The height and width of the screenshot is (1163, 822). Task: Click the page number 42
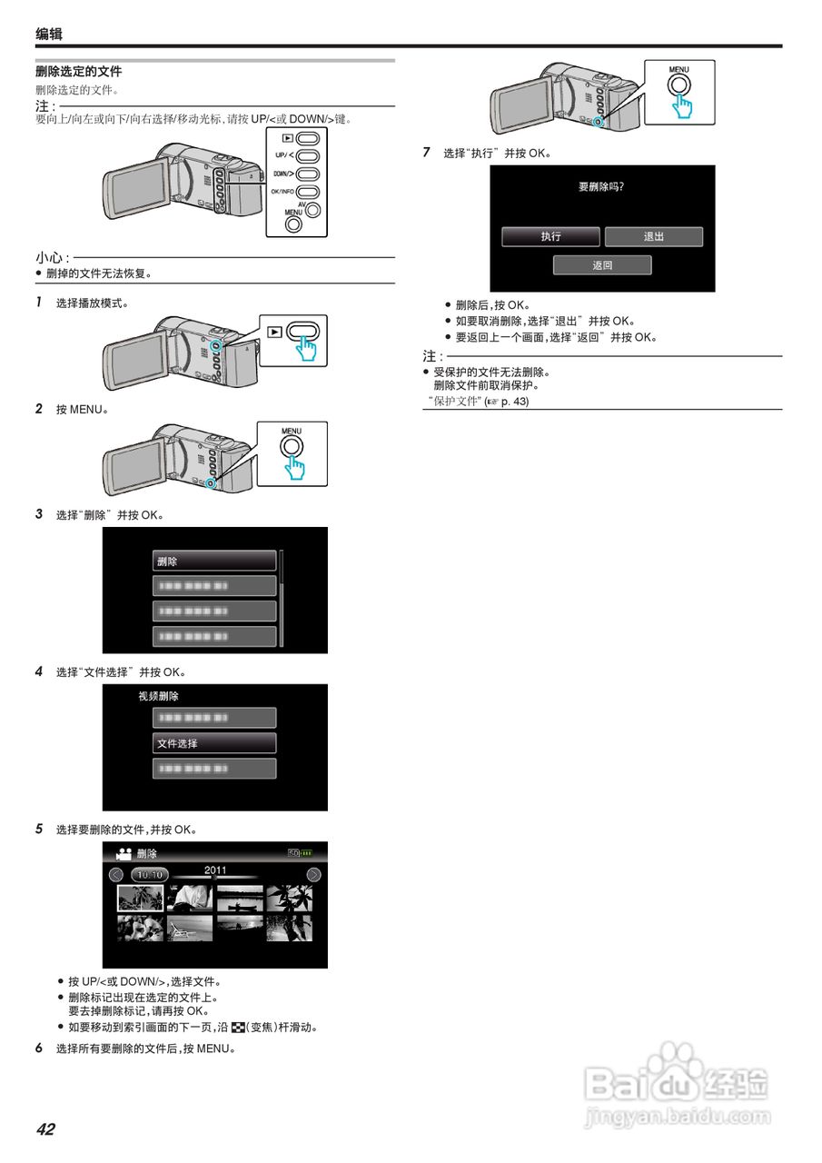point(45,1129)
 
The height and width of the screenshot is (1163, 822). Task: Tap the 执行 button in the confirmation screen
point(550,236)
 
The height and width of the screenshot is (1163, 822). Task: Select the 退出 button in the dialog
point(654,236)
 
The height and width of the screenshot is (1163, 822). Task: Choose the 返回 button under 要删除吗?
point(602,265)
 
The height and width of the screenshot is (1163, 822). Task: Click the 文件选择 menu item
point(214,743)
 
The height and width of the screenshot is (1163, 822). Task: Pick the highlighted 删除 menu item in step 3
point(214,561)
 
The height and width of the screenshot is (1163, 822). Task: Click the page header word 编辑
point(49,35)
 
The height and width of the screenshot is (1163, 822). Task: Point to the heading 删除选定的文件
point(79,72)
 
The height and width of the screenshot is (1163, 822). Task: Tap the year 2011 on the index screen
point(215,870)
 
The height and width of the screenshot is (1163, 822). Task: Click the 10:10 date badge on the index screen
point(149,875)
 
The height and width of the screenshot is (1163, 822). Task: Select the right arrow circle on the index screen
point(313,875)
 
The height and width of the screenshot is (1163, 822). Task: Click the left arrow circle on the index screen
point(116,875)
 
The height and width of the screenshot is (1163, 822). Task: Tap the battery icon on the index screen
point(306,853)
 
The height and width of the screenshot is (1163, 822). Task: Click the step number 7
point(427,153)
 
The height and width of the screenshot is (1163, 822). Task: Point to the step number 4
point(39,671)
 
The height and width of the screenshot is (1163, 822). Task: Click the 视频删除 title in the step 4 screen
point(159,697)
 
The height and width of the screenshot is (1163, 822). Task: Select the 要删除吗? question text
point(602,186)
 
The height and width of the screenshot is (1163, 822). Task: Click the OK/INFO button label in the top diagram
point(282,192)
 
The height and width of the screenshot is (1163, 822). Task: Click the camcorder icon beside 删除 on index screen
point(124,854)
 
